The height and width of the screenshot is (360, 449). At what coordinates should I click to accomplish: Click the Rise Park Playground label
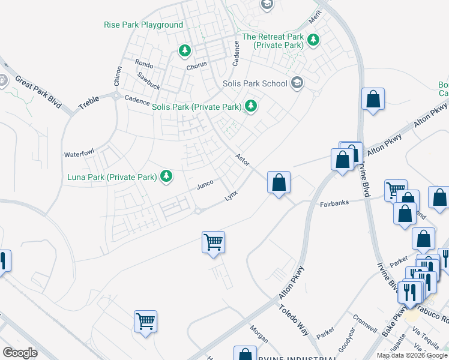(x=143, y=25)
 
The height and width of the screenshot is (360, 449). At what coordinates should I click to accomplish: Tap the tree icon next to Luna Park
(x=166, y=176)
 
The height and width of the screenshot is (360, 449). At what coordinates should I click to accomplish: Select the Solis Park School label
(x=255, y=83)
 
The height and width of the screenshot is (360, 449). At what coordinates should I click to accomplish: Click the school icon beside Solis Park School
(x=296, y=82)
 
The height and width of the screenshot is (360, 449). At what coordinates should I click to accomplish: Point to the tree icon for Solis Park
(x=251, y=107)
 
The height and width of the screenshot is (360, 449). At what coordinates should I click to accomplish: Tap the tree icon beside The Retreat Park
(x=313, y=40)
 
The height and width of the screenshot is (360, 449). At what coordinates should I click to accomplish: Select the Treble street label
(x=88, y=104)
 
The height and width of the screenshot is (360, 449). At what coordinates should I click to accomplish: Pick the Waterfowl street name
(x=79, y=154)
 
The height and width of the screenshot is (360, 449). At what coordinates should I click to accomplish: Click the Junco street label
(x=205, y=186)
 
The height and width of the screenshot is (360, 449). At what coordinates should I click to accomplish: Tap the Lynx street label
(x=231, y=197)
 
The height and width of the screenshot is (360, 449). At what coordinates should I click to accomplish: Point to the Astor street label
(x=242, y=160)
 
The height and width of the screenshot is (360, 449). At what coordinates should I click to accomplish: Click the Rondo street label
(x=144, y=63)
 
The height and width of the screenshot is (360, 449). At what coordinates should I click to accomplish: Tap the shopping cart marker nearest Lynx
(x=213, y=242)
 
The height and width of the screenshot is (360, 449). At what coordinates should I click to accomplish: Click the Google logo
(x=20, y=353)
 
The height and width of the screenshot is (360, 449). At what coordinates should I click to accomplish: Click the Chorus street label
(x=196, y=64)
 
